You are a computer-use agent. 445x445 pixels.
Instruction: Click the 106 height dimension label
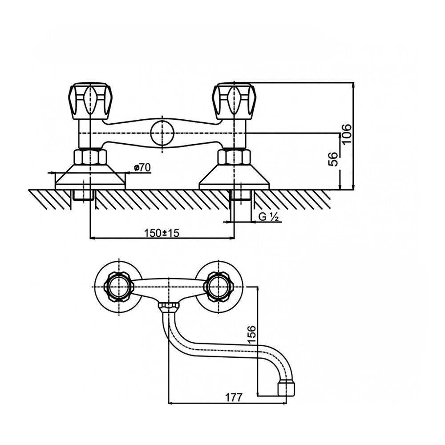point(347,134)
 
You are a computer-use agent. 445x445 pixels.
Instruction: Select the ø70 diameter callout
point(142,168)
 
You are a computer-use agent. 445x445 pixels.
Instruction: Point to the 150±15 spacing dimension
point(162,233)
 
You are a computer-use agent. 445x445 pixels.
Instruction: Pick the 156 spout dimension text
point(251,335)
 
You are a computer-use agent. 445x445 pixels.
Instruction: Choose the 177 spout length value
point(234,397)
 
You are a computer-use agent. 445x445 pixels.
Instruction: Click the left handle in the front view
point(91,101)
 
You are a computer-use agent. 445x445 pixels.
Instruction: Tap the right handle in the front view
point(235,101)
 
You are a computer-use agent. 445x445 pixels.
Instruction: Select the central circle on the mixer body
point(162,133)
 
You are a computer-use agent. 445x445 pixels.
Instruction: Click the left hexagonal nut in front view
point(90,157)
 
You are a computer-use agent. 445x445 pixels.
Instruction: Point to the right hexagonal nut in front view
point(234,157)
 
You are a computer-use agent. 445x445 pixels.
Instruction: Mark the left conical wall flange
point(90,177)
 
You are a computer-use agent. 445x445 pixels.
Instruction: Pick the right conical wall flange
point(234,177)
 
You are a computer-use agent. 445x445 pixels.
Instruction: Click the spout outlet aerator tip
point(286,389)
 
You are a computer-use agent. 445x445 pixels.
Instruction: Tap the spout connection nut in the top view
point(169,307)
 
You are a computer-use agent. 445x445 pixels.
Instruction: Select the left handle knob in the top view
point(119,287)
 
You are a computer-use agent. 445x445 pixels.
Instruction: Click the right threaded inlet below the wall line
point(241,195)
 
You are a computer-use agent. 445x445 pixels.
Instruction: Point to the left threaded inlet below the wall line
point(84,195)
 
